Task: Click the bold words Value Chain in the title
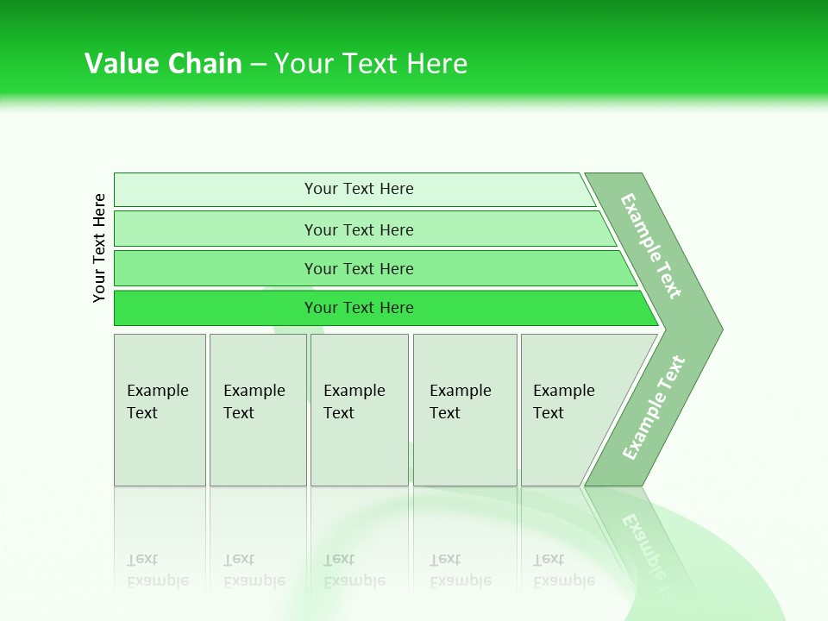(x=163, y=63)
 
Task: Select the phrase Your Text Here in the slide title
(x=371, y=63)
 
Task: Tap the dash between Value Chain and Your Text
(x=258, y=64)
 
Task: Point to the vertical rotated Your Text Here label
(x=99, y=248)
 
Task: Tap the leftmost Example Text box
(x=160, y=409)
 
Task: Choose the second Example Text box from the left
(x=257, y=409)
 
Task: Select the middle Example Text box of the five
(x=359, y=409)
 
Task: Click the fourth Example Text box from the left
(x=464, y=409)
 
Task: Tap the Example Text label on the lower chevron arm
(x=654, y=407)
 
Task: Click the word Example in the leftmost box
(x=157, y=391)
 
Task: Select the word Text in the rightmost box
(x=549, y=413)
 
